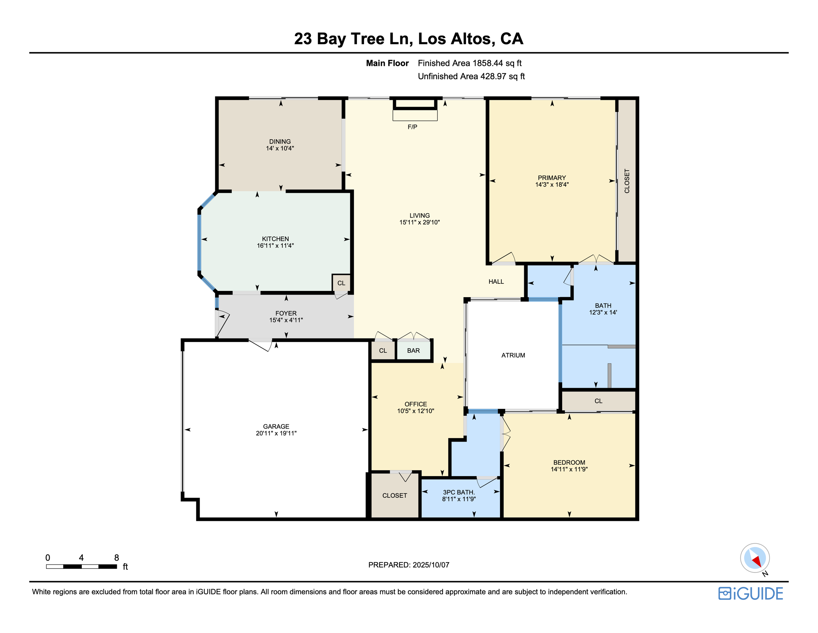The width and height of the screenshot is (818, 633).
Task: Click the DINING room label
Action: click(280, 141)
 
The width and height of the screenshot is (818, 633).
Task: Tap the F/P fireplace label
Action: click(412, 127)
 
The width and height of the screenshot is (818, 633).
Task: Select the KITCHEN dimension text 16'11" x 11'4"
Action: click(275, 246)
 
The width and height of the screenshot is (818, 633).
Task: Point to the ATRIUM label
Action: click(513, 355)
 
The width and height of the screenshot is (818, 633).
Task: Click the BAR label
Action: click(414, 350)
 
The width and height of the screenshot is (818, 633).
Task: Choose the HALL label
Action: click(496, 282)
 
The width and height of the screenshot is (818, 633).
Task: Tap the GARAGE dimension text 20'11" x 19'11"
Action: click(276, 433)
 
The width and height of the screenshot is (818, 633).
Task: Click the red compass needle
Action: click(757, 561)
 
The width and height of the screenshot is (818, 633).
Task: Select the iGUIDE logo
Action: click(751, 594)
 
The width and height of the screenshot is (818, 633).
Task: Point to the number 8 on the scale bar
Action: click(116, 558)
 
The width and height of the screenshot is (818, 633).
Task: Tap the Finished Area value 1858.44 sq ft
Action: click(497, 63)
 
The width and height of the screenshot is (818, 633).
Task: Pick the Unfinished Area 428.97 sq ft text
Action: click(471, 76)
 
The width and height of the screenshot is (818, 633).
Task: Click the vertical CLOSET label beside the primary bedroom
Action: click(627, 181)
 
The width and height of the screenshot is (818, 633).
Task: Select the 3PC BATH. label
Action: click(459, 492)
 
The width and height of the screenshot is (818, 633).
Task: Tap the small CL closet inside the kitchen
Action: click(341, 283)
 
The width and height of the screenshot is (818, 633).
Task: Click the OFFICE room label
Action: click(416, 404)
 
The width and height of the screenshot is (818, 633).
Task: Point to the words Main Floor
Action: click(387, 63)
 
